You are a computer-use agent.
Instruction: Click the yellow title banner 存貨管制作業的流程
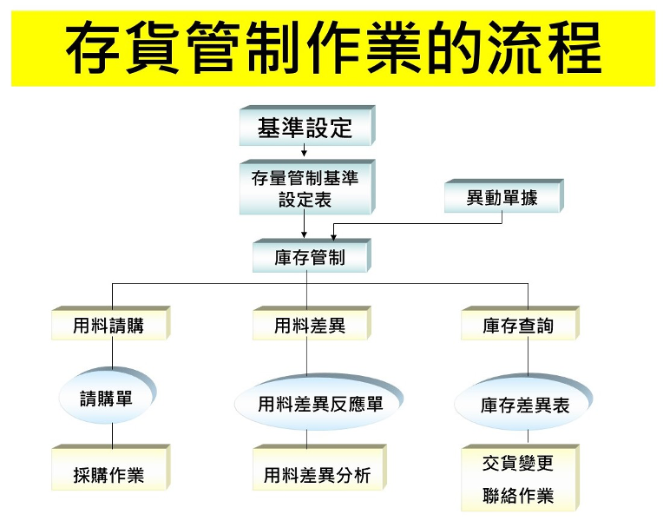pos(332,48)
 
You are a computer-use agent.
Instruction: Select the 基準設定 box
pos(305,129)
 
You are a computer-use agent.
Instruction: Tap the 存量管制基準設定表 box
pos(305,188)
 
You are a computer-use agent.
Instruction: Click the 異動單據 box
pos(502,198)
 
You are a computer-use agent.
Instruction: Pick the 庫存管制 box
pos(310,258)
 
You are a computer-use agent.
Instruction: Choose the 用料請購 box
pos(108,326)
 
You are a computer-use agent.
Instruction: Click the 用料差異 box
pos(310,326)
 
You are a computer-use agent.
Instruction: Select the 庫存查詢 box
pos(518,326)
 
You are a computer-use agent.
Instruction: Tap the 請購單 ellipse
pos(107,399)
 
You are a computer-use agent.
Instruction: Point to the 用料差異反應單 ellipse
pos(320,405)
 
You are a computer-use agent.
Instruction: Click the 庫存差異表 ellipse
pos(524,406)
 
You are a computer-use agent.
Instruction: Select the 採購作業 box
pos(108,475)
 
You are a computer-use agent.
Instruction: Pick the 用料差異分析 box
pos(317,475)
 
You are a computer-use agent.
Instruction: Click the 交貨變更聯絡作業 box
pos(518,478)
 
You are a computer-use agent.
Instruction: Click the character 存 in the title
pos(97,49)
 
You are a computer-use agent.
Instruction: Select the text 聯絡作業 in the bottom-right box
pos(518,497)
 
